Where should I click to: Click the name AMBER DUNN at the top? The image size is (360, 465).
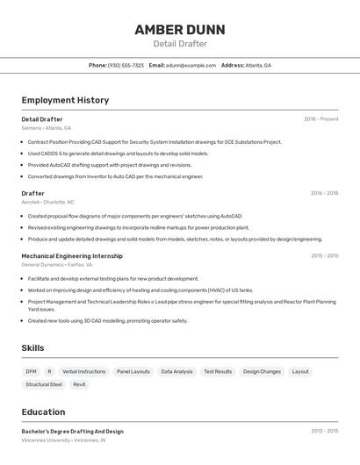tap(180, 29)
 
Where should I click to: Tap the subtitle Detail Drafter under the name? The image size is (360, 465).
tap(180, 44)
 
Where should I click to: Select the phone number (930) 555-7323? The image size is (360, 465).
tap(126, 65)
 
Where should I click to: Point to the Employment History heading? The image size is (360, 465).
tap(65, 100)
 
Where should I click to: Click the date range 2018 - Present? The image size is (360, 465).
tap(321, 119)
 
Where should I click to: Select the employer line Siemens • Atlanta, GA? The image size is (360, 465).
tap(47, 128)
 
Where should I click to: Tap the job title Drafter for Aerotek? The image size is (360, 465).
tap(32, 193)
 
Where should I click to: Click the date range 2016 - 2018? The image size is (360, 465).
tap(324, 193)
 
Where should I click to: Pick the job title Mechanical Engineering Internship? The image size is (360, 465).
tap(72, 256)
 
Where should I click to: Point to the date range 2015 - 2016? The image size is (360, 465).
tap(324, 256)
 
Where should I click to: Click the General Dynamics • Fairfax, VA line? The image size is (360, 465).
tap(57, 264)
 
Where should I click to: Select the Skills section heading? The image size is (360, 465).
tap(32, 348)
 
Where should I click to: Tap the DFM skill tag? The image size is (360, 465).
tap(32, 371)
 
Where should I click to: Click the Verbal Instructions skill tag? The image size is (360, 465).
tap(83, 371)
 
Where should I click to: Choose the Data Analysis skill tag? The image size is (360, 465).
tap(176, 371)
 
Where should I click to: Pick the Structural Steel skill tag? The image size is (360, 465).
tap(44, 384)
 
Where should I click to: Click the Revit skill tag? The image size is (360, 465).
tap(80, 384)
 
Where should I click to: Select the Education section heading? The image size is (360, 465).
tap(43, 411)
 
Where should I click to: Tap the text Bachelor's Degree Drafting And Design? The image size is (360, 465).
tap(72, 432)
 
